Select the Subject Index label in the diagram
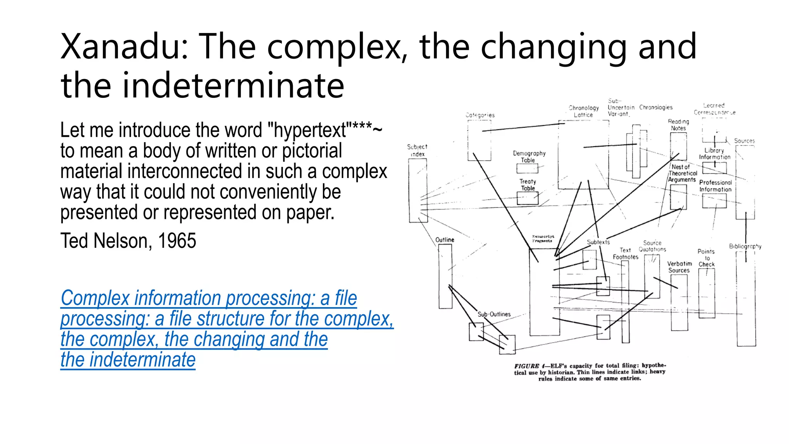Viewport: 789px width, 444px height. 417,150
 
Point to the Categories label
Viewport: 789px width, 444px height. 480,115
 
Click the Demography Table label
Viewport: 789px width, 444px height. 529,156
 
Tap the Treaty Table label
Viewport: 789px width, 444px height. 528,185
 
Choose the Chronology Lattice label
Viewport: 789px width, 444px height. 584,111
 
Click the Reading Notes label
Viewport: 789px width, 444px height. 678,124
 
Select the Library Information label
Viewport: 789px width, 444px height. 715,153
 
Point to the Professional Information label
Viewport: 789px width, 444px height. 715,186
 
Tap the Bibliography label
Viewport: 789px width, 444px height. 745,246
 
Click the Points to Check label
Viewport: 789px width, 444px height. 707,258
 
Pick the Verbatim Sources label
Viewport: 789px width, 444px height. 680,267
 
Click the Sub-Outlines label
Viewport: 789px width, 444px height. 494,314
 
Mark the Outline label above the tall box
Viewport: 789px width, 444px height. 445,240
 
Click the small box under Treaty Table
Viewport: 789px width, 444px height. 527,198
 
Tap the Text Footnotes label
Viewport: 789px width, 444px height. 626,253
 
